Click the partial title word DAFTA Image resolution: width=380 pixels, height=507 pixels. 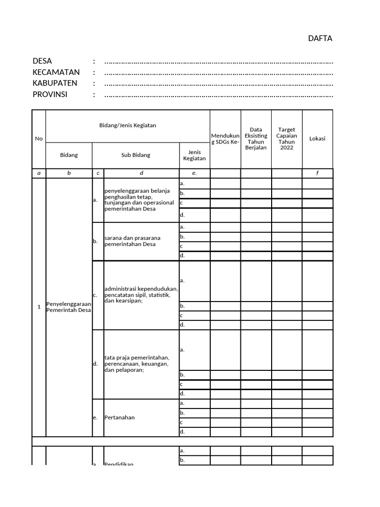(320, 38)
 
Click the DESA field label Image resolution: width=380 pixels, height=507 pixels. (42, 61)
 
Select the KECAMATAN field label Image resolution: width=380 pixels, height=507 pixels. (56, 72)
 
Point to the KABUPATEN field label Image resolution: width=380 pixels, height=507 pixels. (55, 83)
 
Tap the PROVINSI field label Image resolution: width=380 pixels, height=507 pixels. (49, 94)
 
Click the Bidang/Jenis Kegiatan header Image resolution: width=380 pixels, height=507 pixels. (128, 125)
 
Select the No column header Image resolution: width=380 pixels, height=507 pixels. (39, 139)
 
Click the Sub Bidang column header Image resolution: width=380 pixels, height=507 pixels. (136, 155)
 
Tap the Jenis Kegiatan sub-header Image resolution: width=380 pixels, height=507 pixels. (194, 155)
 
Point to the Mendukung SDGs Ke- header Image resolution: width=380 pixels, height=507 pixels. (225, 139)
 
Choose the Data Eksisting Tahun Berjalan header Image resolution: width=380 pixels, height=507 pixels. (256, 139)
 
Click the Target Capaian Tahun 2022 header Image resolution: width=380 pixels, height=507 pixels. (286, 139)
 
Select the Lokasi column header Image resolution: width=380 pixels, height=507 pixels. (317, 139)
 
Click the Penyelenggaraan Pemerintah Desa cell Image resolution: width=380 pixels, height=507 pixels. (69, 306)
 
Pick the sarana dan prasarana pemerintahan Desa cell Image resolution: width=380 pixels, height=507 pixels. (132, 241)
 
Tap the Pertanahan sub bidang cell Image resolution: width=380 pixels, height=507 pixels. (120, 417)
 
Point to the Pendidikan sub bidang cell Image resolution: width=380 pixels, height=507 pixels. (119, 463)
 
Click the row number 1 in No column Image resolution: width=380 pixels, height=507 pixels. (39, 307)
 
